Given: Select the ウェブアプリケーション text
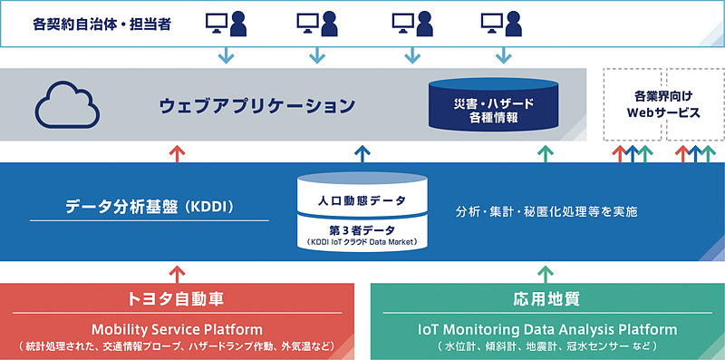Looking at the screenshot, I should pyautogui.click(x=257, y=106).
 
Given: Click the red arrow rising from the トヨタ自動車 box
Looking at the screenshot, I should pyautogui.click(x=178, y=271).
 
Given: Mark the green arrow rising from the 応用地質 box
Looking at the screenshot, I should pyautogui.click(x=544, y=271).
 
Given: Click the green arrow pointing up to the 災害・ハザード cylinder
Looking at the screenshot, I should pyautogui.click(x=544, y=151).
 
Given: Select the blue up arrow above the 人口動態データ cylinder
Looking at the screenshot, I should pyautogui.click(x=362, y=151).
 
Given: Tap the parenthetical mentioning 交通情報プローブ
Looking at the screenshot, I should pyautogui.click(x=178, y=345).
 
